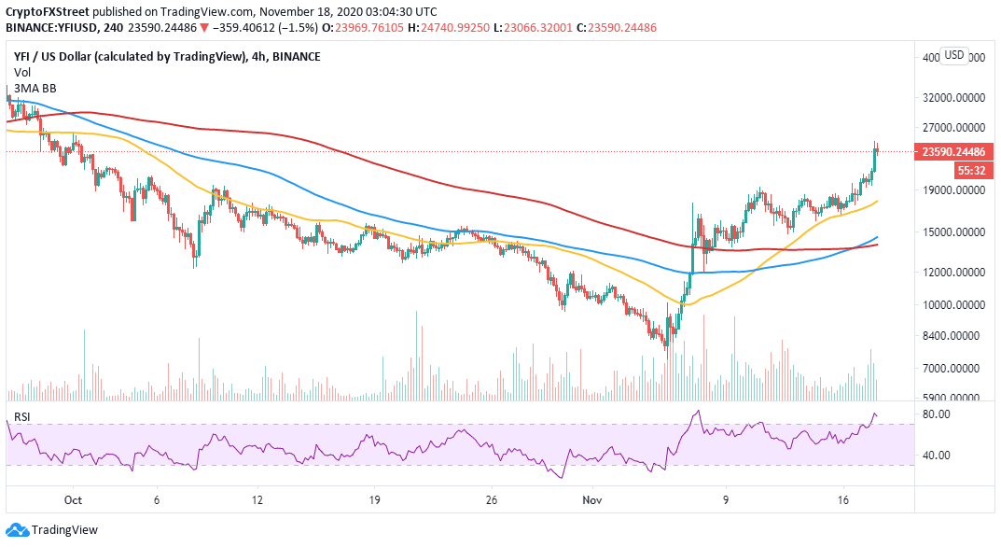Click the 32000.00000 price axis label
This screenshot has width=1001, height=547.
[x=960, y=97]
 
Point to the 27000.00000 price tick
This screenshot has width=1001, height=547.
[x=960, y=128]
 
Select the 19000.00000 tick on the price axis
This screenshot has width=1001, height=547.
[x=960, y=189]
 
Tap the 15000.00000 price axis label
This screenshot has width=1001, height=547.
[x=960, y=232]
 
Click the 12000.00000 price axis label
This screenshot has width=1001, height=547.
[x=960, y=273]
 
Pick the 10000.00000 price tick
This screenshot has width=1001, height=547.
[x=960, y=305]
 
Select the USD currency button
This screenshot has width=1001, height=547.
[x=954, y=55]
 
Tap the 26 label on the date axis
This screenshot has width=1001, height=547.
[x=490, y=500]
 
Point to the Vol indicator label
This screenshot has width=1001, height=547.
[x=21, y=73]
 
